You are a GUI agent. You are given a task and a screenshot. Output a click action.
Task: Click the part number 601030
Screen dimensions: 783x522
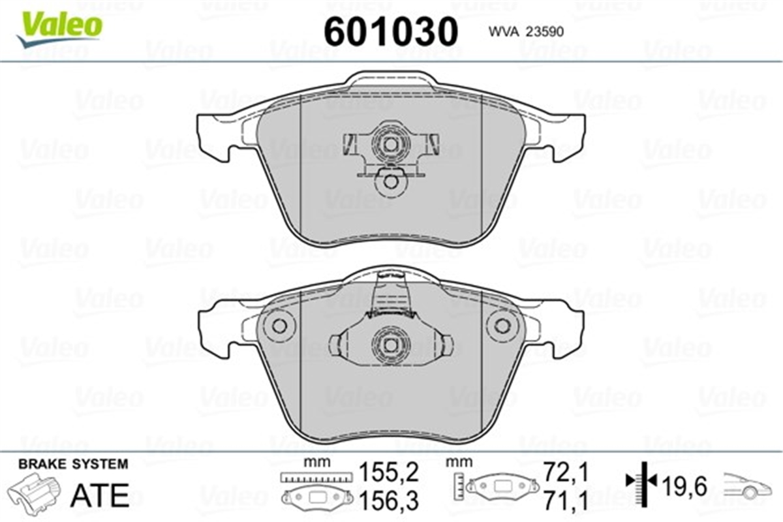click(x=391, y=31)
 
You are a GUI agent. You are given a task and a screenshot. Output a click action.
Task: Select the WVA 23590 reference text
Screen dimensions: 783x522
click(x=526, y=32)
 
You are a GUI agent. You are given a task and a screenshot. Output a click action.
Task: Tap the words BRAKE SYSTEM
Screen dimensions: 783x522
click(x=73, y=464)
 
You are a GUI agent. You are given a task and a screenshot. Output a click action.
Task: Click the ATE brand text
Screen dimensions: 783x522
click(x=100, y=495)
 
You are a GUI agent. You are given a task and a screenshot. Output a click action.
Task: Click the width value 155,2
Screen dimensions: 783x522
click(x=390, y=472)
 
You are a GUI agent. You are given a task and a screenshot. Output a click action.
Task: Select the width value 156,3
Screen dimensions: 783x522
click(x=390, y=501)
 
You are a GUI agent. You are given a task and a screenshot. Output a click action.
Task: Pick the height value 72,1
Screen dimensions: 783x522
click(x=566, y=472)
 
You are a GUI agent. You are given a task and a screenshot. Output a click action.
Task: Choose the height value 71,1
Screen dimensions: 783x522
click(x=566, y=501)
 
